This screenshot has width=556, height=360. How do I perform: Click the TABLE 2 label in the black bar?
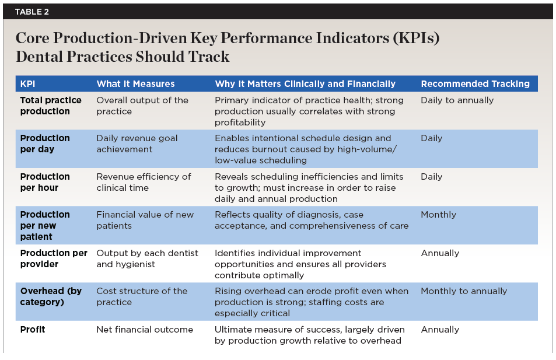tap(32, 12)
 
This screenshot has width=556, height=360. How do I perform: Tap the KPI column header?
tap(27, 84)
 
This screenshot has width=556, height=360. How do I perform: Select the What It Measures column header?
tap(135, 84)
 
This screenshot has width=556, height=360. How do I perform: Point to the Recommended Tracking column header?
tap(475, 84)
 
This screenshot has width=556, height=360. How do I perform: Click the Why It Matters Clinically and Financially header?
tap(305, 84)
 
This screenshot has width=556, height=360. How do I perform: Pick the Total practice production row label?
tap(51, 106)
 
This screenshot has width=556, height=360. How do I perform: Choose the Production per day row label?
tap(45, 144)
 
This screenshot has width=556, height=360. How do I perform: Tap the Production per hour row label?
tap(45, 182)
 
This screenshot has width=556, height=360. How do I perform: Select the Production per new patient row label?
tap(45, 225)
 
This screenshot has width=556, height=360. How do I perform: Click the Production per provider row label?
tap(54, 258)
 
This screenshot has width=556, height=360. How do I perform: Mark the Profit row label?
tap(33, 330)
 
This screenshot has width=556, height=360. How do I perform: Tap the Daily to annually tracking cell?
tap(457, 100)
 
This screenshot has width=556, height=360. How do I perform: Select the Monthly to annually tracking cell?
tap(464, 291)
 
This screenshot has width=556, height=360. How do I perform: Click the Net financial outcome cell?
tap(145, 330)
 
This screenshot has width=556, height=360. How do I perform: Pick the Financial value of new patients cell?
tap(145, 220)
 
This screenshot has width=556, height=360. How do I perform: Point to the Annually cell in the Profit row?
tap(440, 330)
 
